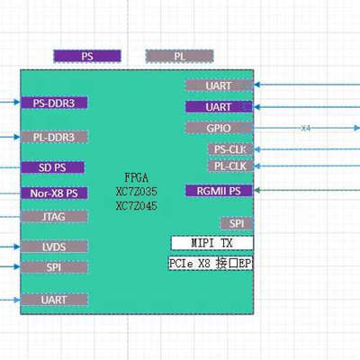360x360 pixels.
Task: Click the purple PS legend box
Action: (x=87, y=56)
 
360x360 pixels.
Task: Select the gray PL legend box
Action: (x=179, y=56)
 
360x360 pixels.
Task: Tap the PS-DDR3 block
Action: (x=54, y=103)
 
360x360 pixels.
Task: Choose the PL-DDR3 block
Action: (x=54, y=137)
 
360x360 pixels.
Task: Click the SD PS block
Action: (x=52, y=167)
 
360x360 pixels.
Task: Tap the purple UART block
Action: (x=219, y=107)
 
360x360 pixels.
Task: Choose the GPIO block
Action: (x=219, y=128)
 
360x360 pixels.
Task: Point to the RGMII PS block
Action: (x=219, y=191)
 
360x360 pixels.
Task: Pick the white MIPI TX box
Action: (x=211, y=243)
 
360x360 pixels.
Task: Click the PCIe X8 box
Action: (x=211, y=265)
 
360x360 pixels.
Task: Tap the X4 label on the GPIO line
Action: (x=305, y=129)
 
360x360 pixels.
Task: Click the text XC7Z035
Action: (x=136, y=193)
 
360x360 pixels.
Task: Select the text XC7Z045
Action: (x=136, y=206)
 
